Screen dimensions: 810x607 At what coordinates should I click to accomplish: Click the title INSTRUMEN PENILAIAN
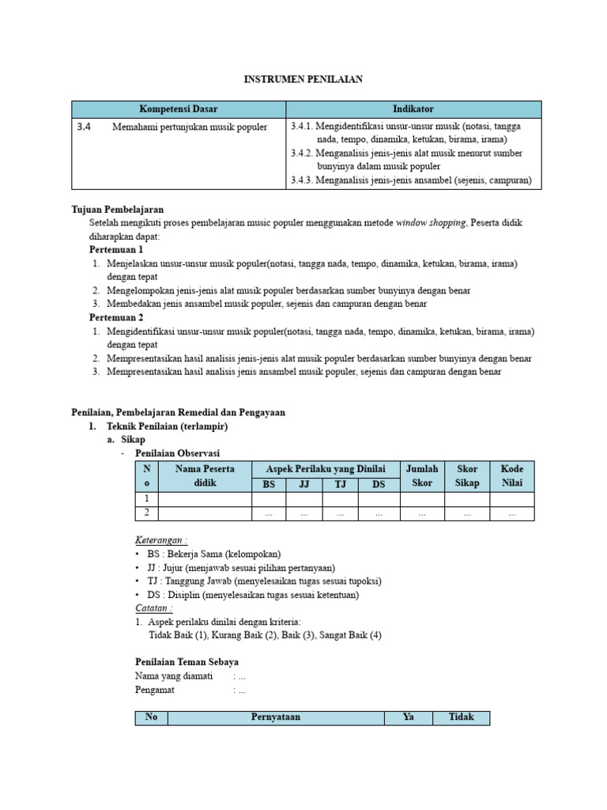click(x=303, y=79)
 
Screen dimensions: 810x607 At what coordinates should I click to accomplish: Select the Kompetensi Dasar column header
click(x=179, y=109)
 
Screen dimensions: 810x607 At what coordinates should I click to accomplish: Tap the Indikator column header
click(x=413, y=109)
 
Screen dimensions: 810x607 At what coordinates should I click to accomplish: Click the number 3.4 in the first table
click(x=85, y=127)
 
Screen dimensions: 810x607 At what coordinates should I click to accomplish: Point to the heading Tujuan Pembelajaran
click(x=118, y=210)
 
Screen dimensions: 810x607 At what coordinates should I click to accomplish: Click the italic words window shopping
click(x=430, y=223)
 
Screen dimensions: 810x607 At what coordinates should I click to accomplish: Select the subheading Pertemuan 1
click(x=116, y=250)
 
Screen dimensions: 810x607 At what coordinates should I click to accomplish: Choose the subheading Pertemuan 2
click(x=116, y=317)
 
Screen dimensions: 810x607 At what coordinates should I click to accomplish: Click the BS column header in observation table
click(x=269, y=484)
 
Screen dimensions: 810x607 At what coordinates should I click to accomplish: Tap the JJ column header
click(x=304, y=484)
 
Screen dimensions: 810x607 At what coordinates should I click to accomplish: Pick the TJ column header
click(x=340, y=484)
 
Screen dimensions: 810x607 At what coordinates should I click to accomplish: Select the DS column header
click(x=379, y=484)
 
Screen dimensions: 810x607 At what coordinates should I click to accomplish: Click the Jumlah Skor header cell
click(x=422, y=476)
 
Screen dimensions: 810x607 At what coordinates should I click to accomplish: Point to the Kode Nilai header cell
click(x=511, y=476)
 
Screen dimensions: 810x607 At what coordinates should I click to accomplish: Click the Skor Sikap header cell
click(x=466, y=476)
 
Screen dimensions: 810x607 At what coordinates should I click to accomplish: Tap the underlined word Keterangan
click(x=161, y=540)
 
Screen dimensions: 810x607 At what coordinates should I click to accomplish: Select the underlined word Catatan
click(x=153, y=607)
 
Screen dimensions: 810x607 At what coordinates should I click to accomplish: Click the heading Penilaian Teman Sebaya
click(x=187, y=661)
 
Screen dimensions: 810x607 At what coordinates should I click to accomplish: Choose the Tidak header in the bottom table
click(x=461, y=717)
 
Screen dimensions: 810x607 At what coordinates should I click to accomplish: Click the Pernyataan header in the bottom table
click(x=275, y=717)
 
